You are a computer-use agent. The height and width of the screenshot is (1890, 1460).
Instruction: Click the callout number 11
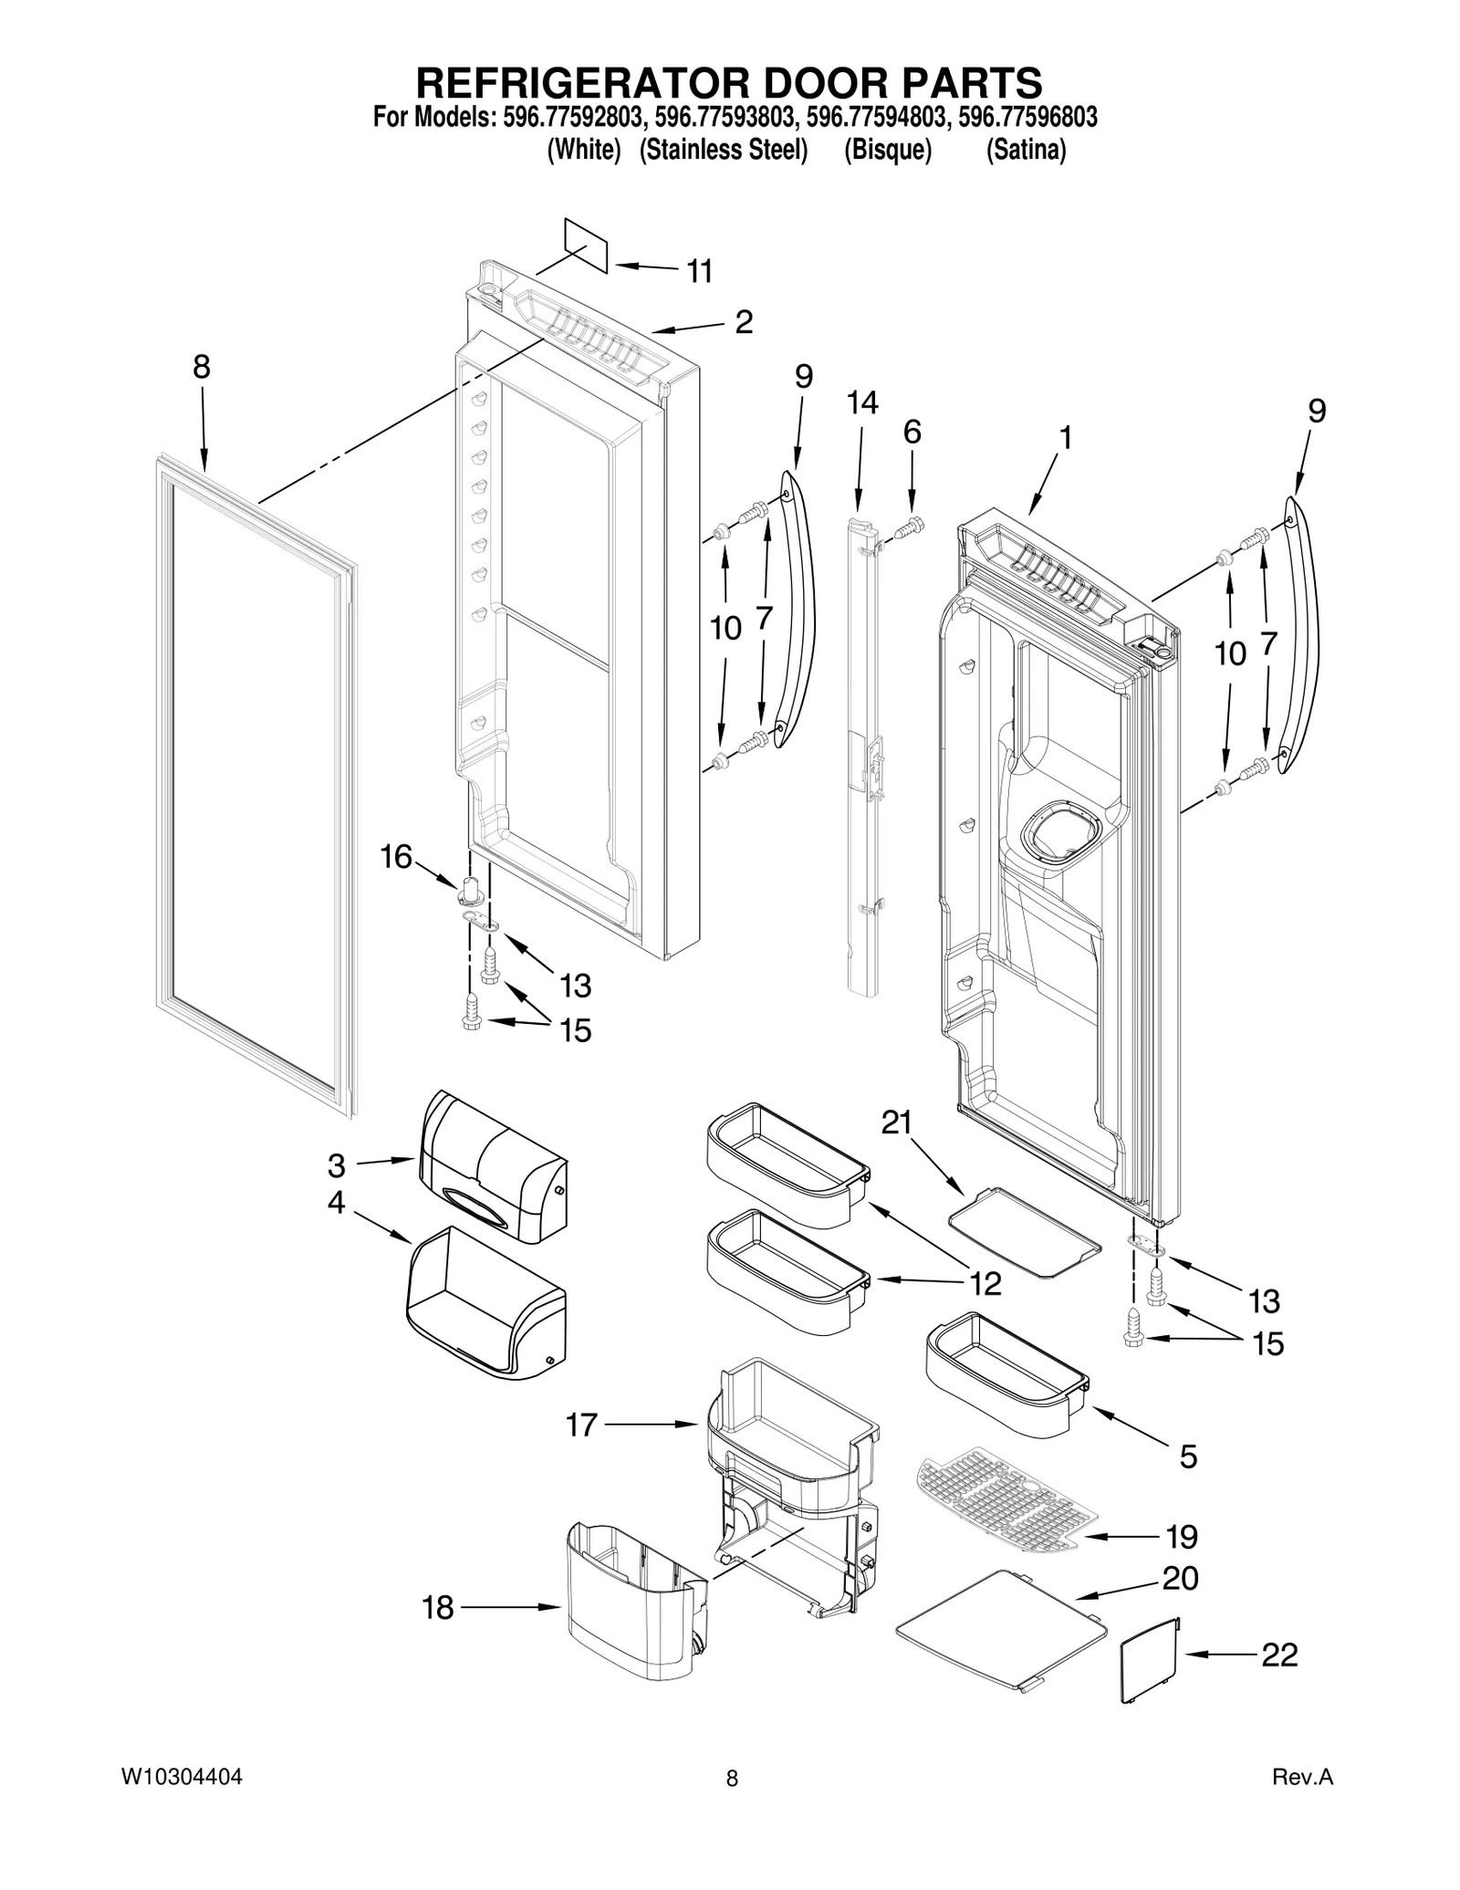click(x=699, y=271)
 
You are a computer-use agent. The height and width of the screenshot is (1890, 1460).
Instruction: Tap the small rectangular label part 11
click(x=586, y=245)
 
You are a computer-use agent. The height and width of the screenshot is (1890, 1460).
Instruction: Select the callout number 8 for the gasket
click(x=202, y=367)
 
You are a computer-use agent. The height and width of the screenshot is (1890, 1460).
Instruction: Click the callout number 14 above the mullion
click(x=861, y=402)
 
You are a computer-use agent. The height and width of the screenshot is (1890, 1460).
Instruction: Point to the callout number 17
click(x=581, y=1425)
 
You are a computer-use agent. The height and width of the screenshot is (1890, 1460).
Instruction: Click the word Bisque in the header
click(x=887, y=150)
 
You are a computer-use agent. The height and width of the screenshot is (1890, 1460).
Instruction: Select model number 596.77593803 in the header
click(x=724, y=118)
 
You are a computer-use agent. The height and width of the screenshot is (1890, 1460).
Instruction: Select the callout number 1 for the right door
click(x=1064, y=438)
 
